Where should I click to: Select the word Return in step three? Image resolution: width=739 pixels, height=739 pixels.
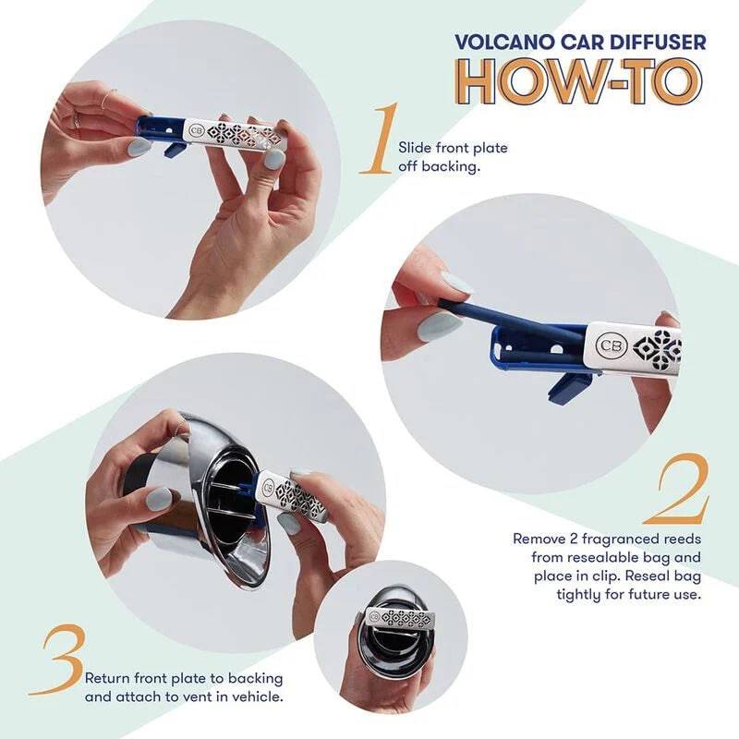point(108,678)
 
